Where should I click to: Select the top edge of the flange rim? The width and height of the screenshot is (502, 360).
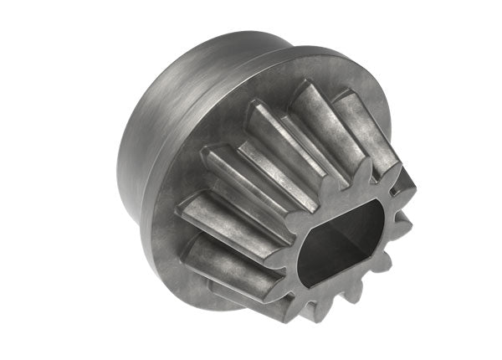click(x=276, y=51)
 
